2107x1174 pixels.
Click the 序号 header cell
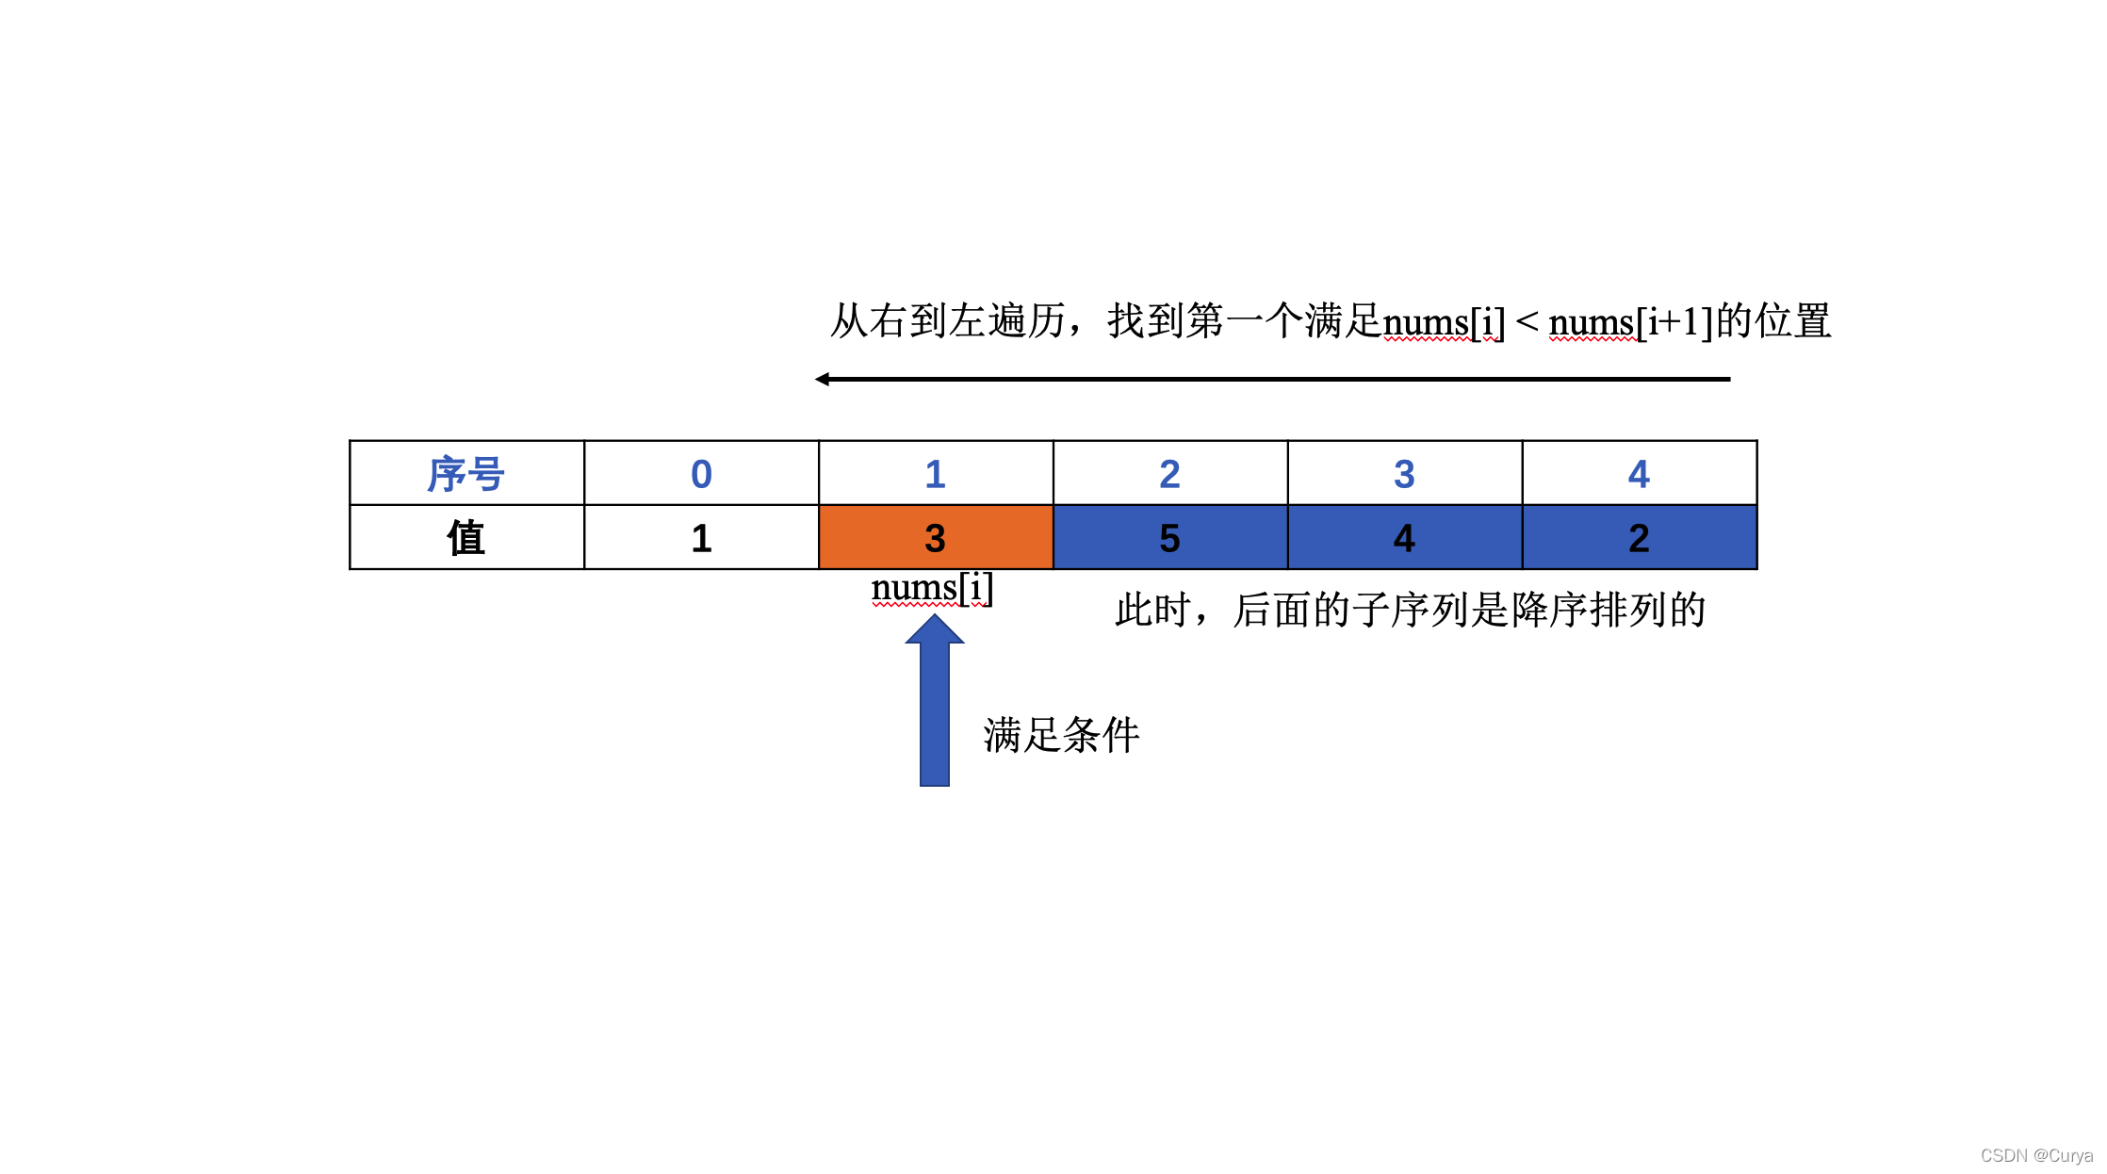(466, 474)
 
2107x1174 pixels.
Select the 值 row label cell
(466, 538)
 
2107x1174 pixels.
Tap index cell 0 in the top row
(701, 474)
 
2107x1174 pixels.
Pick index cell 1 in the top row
(935, 474)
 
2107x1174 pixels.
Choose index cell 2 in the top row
(1169, 474)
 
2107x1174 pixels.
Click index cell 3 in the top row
(1404, 474)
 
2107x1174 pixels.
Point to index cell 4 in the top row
(1639, 474)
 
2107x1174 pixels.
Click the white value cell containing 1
(701, 538)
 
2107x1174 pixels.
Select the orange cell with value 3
(935, 538)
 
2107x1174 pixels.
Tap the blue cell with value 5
(1169, 538)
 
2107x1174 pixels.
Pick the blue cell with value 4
(1404, 538)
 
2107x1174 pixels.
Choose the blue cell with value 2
(1639, 538)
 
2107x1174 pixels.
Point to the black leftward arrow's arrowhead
(823, 379)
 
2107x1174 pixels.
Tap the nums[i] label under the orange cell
(932, 588)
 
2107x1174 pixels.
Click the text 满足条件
(1061, 735)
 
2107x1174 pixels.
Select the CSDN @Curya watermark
(2035, 1156)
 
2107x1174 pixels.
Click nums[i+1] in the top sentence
(1631, 322)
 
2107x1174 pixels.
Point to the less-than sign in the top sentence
(1527, 322)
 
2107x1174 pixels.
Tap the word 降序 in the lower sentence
(1549, 611)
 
